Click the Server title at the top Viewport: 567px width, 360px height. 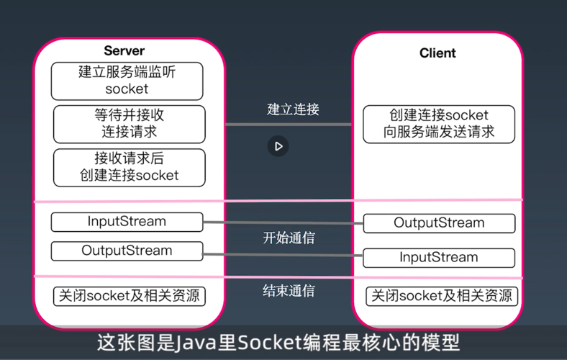click(x=124, y=51)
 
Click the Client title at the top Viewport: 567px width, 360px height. click(x=437, y=53)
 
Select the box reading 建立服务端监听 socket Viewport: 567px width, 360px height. click(x=127, y=81)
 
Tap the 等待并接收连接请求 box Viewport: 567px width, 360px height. click(x=129, y=123)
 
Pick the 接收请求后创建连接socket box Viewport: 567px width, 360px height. click(x=129, y=167)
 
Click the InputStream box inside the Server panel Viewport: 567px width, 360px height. click(x=127, y=221)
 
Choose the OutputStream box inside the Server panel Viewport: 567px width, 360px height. click(x=127, y=251)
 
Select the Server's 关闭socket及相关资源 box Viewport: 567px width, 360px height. click(x=130, y=295)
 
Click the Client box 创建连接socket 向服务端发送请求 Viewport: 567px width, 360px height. click(x=439, y=124)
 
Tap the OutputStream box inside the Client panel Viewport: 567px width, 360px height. click(x=439, y=223)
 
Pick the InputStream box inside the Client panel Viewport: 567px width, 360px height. click(x=439, y=257)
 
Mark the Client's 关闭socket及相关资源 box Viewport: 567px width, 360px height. click(x=442, y=296)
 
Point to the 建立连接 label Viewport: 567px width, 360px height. click(x=293, y=109)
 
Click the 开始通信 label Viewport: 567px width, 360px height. click(x=289, y=238)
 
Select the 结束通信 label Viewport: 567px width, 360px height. click(x=289, y=291)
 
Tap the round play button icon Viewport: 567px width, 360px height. click(x=278, y=146)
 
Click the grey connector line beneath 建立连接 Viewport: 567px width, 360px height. click(x=288, y=125)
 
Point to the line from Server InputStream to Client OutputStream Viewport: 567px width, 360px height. click(x=283, y=222)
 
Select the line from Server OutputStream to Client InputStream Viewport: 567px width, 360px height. click(x=283, y=253)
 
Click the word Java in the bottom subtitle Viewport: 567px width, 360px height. click(x=196, y=342)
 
